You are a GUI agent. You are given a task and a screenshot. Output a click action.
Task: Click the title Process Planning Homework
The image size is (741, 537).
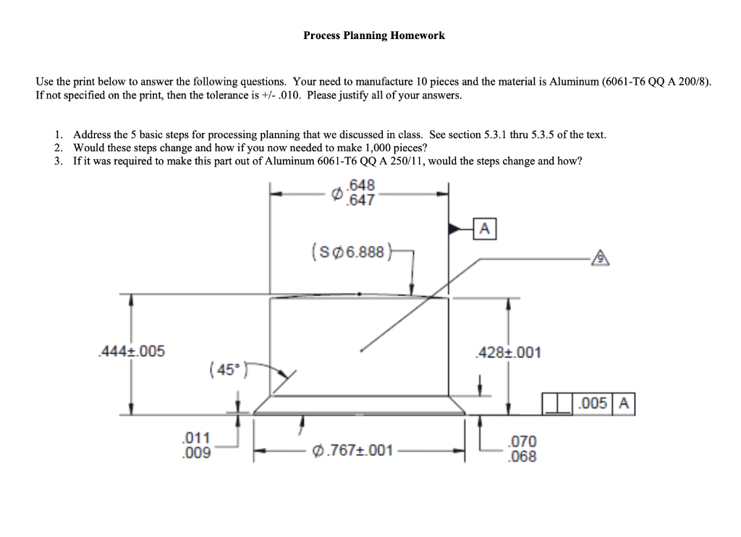point(374,35)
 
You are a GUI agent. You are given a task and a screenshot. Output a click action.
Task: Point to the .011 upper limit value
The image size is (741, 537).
point(195,438)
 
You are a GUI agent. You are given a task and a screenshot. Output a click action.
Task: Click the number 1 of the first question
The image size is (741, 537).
point(58,135)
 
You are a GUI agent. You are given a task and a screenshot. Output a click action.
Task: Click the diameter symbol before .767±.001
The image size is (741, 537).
point(318,451)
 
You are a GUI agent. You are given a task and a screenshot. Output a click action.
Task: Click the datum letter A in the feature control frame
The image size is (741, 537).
point(624,405)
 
